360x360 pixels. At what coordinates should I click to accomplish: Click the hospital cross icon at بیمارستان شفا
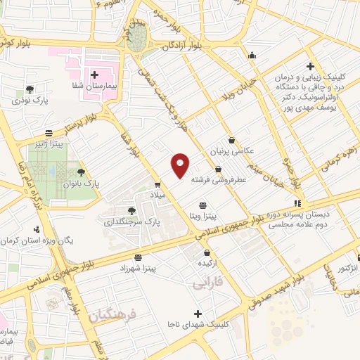(x=94, y=73)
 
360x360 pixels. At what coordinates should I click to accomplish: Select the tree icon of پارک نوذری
(x=30, y=89)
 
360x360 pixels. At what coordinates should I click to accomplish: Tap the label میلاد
(x=157, y=195)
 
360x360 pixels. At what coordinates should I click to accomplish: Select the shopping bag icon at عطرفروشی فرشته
(x=219, y=169)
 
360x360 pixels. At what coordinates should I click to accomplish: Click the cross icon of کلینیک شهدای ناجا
(x=198, y=314)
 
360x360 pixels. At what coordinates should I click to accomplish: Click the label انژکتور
(x=344, y=269)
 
